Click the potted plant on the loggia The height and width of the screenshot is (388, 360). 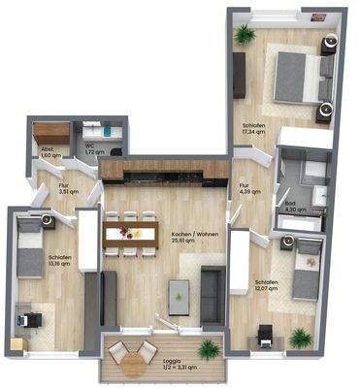[x=206, y=350]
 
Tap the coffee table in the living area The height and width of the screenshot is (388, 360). [x=180, y=291]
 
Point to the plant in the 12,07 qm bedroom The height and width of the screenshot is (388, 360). [x=301, y=336]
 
